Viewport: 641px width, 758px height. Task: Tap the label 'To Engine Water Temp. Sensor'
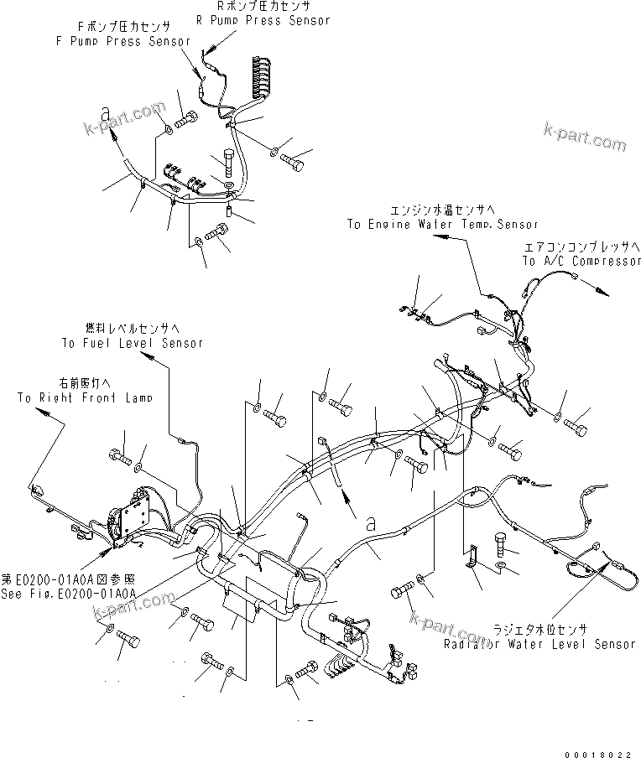pos(442,224)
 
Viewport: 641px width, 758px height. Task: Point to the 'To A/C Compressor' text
pos(581,262)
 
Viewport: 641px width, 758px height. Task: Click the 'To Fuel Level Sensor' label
pos(132,343)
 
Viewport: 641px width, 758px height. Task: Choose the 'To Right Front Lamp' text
pos(84,397)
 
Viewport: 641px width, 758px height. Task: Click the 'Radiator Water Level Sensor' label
pos(539,644)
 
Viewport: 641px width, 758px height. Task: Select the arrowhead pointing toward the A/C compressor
pos(602,289)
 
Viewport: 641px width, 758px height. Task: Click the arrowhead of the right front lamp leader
pos(61,426)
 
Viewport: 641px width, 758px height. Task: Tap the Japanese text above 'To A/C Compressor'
pos(581,249)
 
